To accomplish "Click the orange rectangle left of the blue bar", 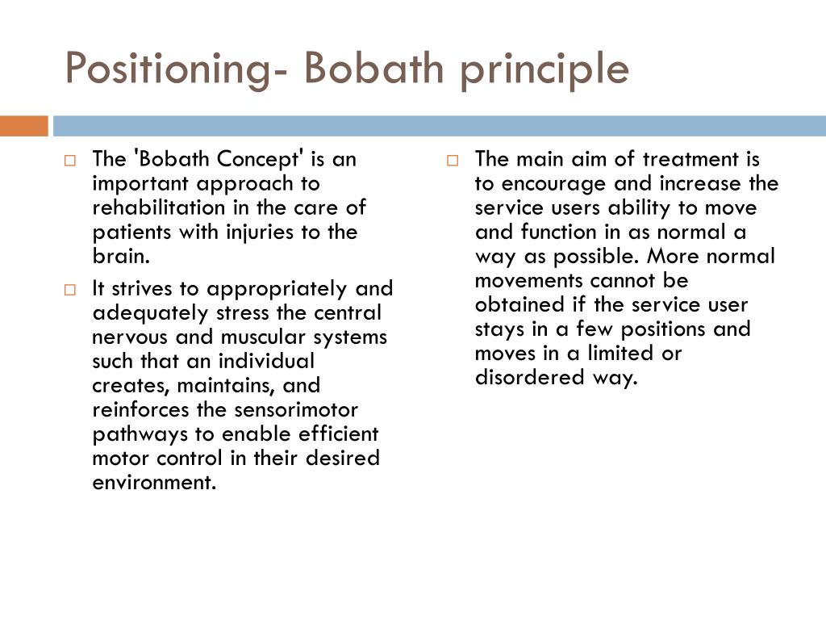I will pyautogui.click(x=23, y=126).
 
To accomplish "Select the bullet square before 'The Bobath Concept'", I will pyautogui.click(x=70, y=161).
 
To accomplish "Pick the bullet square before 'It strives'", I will pyautogui.click(x=70, y=290).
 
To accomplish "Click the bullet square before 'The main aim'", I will pyautogui.click(x=453, y=161).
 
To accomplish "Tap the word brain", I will pyautogui.click(x=121, y=256).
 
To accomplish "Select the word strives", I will pyautogui.click(x=144, y=288).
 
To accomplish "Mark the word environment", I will pyautogui.click(x=154, y=482).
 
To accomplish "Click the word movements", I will pyautogui.click(x=529, y=280).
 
